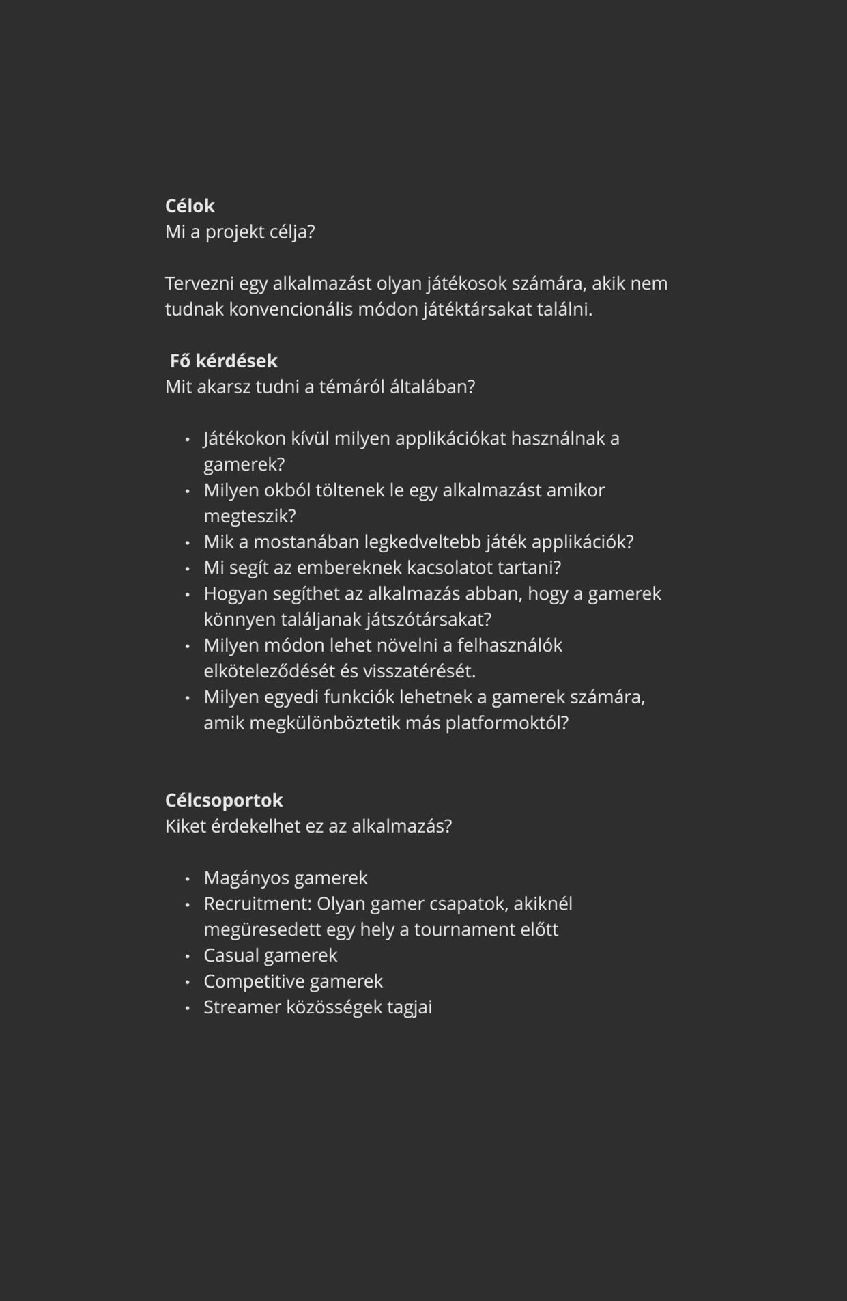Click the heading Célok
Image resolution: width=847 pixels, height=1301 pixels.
pyautogui.click(x=190, y=206)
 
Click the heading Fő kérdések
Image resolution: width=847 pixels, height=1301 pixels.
pyautogui.click(x=223, y=361)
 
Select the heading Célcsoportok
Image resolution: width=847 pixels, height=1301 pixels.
pyautogui.click(x=224, y=800)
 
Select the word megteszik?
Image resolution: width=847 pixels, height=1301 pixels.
pyautogui.click(x=250, y=516)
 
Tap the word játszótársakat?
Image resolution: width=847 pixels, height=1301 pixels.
pyautogui.click(x=429, y=620)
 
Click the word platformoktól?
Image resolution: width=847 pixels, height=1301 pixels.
pyautogui.click(x=507, y=723)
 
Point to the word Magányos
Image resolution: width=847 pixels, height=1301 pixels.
pyautogui.click(x=244, y=878)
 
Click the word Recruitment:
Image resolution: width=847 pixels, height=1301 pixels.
pyautogui.click(x=257, y=904)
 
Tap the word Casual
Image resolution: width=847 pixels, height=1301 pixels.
pyautogui.click(x=230, y=956)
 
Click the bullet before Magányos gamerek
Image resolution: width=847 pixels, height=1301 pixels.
pyautogui.click(x=187, y=879)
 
